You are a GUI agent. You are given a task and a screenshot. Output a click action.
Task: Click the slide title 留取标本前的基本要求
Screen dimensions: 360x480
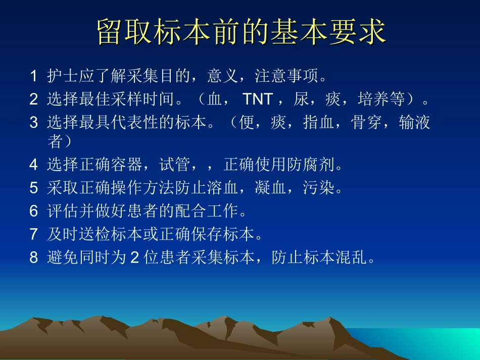[241, 32]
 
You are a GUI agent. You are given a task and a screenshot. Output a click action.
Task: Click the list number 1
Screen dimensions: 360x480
[33, 76]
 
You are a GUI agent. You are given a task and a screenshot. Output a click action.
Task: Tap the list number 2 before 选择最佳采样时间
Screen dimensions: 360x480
[33, 99]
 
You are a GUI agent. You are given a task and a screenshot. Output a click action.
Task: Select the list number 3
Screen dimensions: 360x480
[33, 123]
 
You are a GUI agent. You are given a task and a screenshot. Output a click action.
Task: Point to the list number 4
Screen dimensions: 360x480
[33, 165]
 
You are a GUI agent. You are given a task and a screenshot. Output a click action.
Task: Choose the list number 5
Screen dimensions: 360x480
[33, 188]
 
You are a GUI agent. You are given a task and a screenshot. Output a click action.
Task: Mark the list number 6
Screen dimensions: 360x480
[33, 211]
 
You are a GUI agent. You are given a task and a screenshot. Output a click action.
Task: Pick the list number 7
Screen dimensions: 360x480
[33, 234]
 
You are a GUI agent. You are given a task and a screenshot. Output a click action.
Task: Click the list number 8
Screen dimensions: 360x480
[33, 258]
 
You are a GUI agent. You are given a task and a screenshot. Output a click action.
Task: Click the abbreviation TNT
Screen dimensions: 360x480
[258, 99]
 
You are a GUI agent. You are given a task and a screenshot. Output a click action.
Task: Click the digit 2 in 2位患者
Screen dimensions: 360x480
[134, 258]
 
